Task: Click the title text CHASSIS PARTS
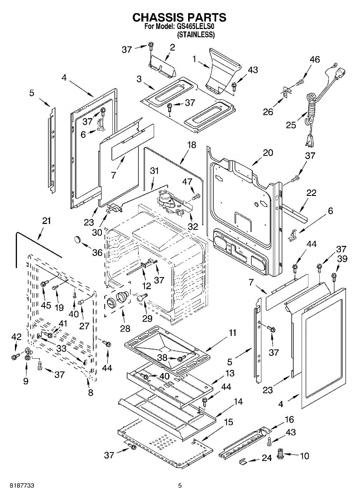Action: [179, 17]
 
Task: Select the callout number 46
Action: [315, 59]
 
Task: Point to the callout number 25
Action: [291, 125]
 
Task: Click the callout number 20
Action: [268, 153]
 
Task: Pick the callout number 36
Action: [97, 253]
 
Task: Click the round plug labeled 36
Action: [77, 240]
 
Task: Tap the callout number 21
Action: [46, 221]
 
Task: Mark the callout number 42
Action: [16, 337]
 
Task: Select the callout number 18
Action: [192, 145]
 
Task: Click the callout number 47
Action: [187, 181]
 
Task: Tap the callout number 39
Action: [342, 259]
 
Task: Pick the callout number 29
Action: [147, 318]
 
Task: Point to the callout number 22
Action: [311, 193]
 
